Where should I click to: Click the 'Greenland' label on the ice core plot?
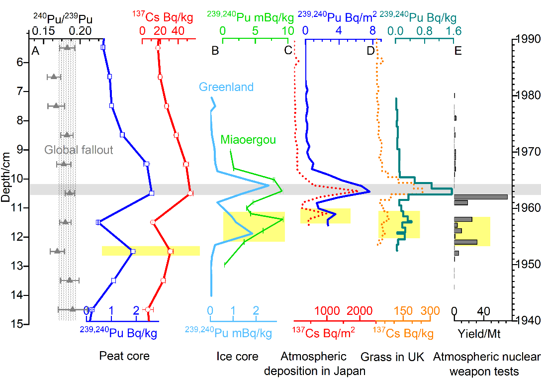coord(226,87)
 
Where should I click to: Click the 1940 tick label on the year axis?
coord(529,319)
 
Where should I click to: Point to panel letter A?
coord(35,50)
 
